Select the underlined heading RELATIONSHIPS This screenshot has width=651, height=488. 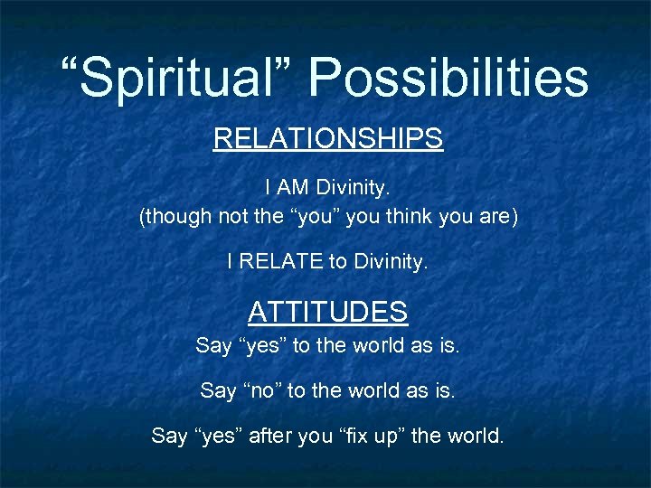327,138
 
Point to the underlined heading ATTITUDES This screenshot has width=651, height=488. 327,312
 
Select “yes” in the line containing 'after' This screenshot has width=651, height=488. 222,436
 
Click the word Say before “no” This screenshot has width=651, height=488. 217,391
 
